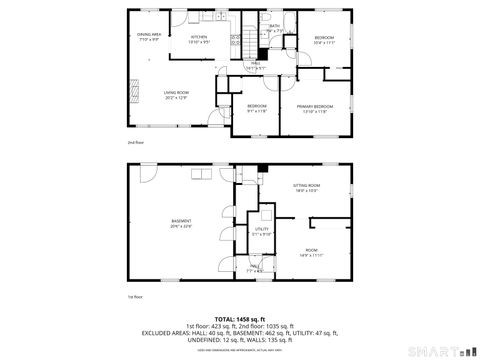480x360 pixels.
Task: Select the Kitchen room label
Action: (x=200, y=37)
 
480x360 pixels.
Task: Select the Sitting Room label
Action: (x=306, y=186)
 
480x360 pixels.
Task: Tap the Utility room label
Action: (x=262, y=229)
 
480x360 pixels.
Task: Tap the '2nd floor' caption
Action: (x=134, y=143)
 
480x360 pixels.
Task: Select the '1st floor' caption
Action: (x=133, y=297)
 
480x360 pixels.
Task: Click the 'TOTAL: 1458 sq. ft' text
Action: (x=240, y=318)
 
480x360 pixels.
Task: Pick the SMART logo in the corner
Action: (x=441, y=352)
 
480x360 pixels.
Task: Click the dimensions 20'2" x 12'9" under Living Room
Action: (x=177, y=97)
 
